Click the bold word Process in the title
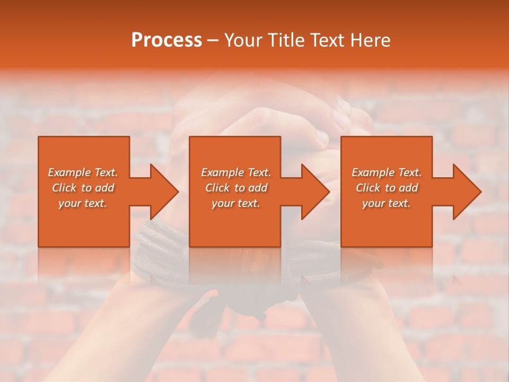click(x=166, y=40)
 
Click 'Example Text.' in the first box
click(x=83, y=172)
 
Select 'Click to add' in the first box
click(x=83, y=188)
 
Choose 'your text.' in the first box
click(x=83, y=203)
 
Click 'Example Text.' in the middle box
click(x=236, y=172)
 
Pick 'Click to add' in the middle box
click(x=236, y=188)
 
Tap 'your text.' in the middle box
click(x=236, y=203)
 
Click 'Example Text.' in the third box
click(x=387, y=172)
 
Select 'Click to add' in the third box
click(x=387, y=188)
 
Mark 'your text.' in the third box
click(x=387, y=203)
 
